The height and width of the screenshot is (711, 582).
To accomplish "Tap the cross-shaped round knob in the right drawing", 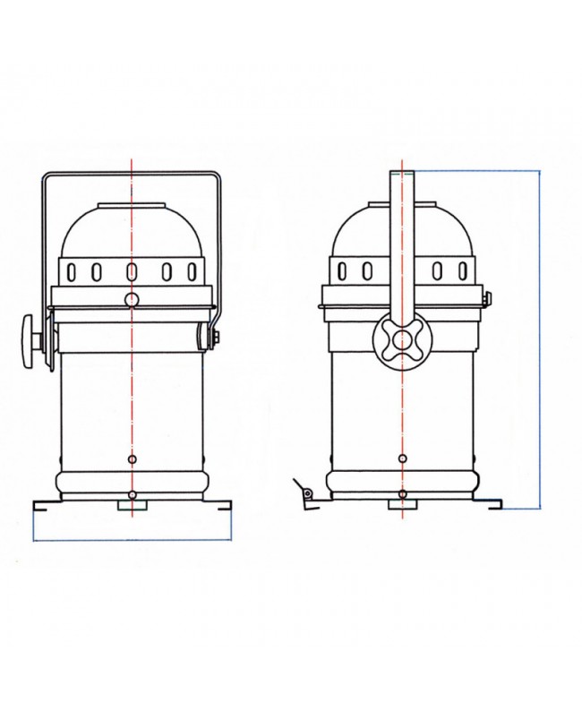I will point(401,341).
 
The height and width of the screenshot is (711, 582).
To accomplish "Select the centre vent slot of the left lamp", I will point(132,270).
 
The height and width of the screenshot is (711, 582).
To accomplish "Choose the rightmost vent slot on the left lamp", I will point(191,270).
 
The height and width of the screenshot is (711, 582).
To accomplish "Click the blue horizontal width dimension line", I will point(132,541).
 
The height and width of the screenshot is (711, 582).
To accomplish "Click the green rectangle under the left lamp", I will point(132,507).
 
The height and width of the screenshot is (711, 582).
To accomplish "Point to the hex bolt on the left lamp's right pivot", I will point(215,338).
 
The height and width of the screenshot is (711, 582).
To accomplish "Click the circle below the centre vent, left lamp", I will point(132,299).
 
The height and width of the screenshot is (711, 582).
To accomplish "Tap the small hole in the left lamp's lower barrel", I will point(132,459).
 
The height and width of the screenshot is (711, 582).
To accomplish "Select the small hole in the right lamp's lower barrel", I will point(401,459).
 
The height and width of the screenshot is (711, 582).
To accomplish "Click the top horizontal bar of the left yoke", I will point(132,172).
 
